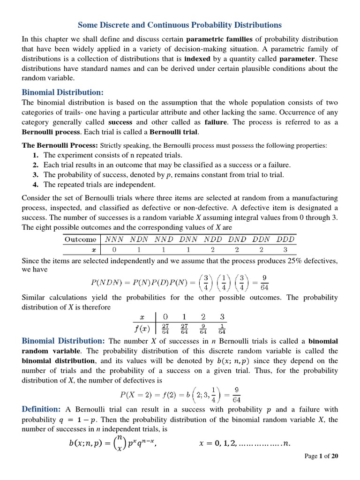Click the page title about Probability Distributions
pyautogui.click(x=180, y=24)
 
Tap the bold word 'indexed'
pyautogui.click(x=197, y=59)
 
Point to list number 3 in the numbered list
pyautogui.click(x=35, y=175)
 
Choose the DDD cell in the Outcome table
pyautogui.click(x=285, y=239)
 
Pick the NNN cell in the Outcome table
pyautogui.click(x=115, y=239)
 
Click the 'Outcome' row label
pyautogui.click(x=80, y=239)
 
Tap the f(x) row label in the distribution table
pyautogui.click(x=142, y=327)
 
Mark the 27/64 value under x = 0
pyautogui.click(x=165, y=327)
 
